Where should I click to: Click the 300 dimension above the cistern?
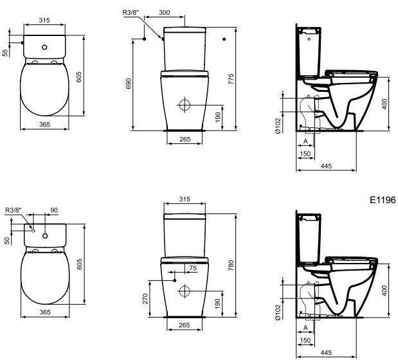pyautogui.click(x=164, y=12)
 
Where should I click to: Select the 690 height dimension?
pyautogui.click(x=129, y=84)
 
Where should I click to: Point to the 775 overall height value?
pyautogui.click(x=231, y=79)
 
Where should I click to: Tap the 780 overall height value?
pyautogui.click(x=231, y=265)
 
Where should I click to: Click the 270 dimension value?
pyautogui.click(x=145, y=299)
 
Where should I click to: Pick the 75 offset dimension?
pyautogui.click(x=193, y=268)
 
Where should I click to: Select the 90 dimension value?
pyautogui.click(x=54, y=210)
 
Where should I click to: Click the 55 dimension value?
pyautogui.click(x=5, y=53)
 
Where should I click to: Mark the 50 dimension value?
pyautogui.click(x=7, y=240)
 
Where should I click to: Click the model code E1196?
pyautogui.click(x=383, y=200)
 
